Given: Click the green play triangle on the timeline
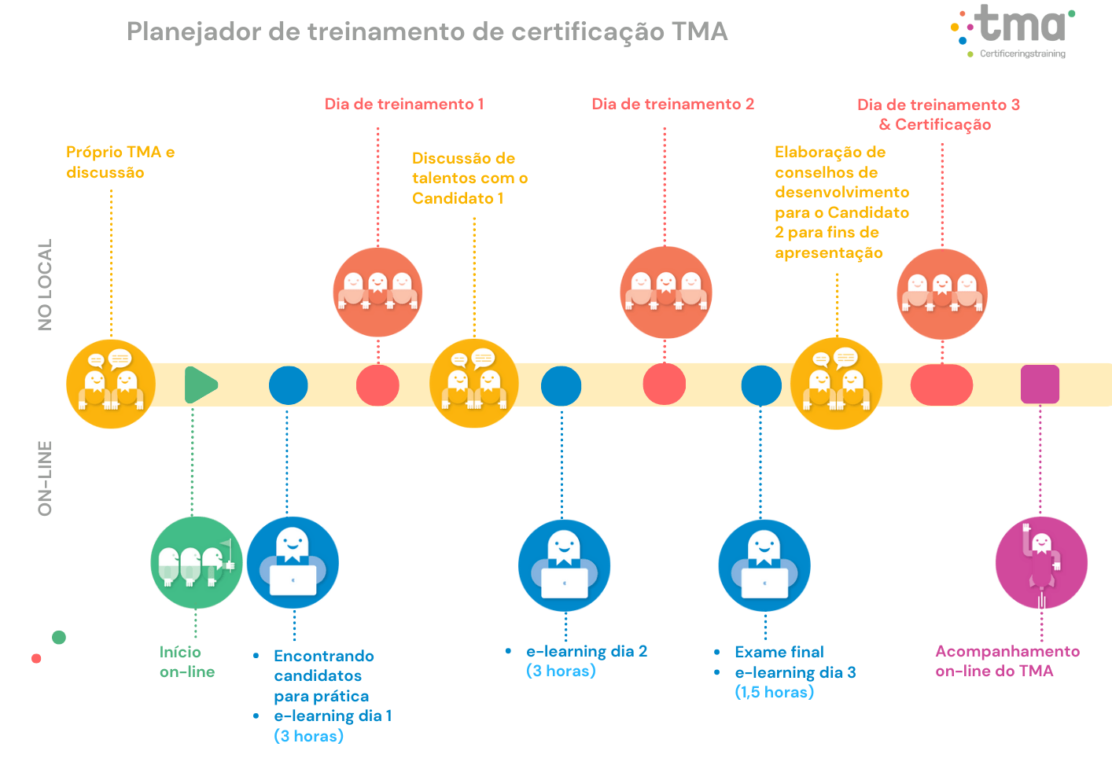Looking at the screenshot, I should [x=200, y=385].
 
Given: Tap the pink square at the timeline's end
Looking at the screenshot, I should [x=1040, y=384].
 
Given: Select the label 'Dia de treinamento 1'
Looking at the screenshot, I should [x=404, y=105].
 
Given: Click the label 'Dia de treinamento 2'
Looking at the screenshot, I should [x=672, y=105].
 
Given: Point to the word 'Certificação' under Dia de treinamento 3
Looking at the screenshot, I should [x=943, y=125].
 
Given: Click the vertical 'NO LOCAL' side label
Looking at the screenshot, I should [x=45, y=285].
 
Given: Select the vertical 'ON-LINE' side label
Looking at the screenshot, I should [x=45, y=478].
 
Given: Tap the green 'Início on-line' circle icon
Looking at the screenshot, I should [x=196, y=562].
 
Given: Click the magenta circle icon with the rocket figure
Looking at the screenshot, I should [x=1041, y=562].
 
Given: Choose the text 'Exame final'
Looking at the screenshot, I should [x=779, y=652].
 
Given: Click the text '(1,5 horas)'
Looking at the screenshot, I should [x=774, y=692].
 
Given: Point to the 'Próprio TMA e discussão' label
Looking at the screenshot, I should [x=120, y=162].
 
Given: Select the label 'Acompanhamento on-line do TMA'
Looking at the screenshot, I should [x=1007, y=660].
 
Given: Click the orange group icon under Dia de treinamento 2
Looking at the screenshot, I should [x=665, y=293].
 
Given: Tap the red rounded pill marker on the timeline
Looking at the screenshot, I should [x=941, y=385].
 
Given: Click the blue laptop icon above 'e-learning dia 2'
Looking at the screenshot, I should [x=564, y=565].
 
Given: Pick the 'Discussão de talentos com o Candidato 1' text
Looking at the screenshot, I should [x=469, y=178].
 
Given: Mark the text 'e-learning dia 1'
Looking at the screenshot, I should [x=333, y=716].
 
